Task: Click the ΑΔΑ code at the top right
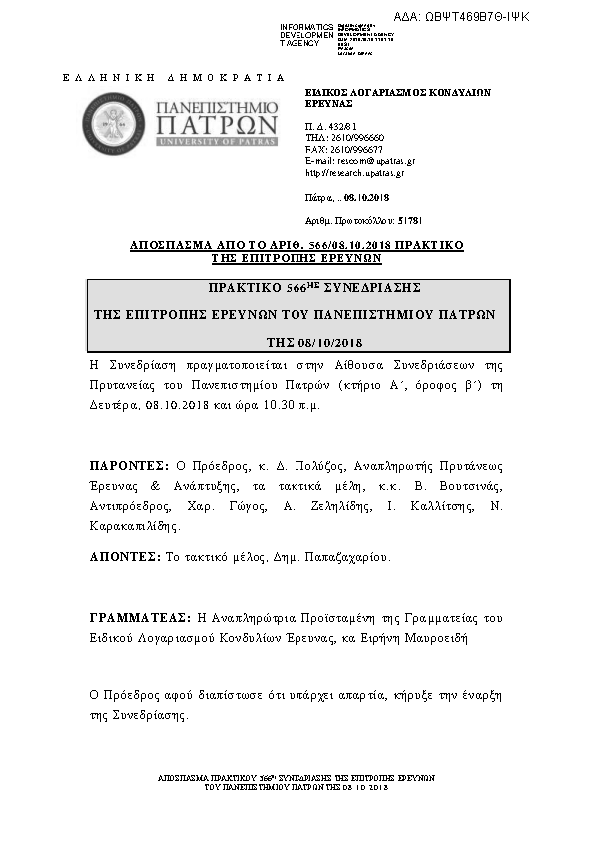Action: [x=476, y=16]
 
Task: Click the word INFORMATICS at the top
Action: [x=307, y=26]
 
